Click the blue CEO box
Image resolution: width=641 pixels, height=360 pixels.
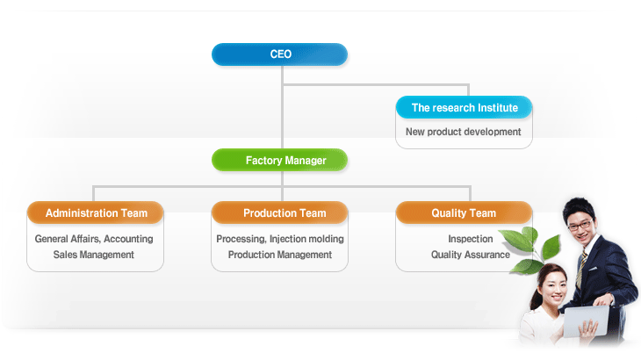coord(279,54)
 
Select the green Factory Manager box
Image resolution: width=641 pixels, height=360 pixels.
coord(279,160)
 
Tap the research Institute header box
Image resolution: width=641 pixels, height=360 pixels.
coord(464,107)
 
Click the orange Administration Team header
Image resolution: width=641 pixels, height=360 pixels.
coord(95,212)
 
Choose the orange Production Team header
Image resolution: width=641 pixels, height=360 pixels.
coord(279,212)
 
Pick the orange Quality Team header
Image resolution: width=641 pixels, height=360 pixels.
coord(464,212)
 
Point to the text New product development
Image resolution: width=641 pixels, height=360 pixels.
coord(463,132)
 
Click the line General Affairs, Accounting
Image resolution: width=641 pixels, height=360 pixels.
coord(94,239)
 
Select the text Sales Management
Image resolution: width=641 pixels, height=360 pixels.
coord(94,255)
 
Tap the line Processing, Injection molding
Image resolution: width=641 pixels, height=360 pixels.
coord(280,239)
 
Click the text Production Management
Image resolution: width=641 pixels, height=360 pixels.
coord(280,255)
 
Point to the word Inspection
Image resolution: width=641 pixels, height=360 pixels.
coord(471,239)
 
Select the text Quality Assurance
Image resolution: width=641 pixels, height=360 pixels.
coord(471,255)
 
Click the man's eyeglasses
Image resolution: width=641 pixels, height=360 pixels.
coord(580,225)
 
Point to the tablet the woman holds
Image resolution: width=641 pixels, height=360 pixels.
coord(586,321)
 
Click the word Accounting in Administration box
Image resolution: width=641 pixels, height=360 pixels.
coord(128,239)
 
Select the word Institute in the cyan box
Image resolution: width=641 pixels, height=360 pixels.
coord(498,108)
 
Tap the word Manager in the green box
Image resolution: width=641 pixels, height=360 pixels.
coord(306,161)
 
